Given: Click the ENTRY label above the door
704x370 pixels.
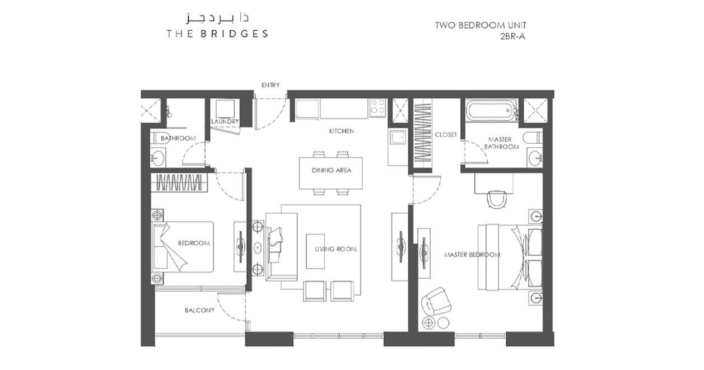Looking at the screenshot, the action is tap(271, 85).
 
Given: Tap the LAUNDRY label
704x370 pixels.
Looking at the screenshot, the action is tap(225, 121).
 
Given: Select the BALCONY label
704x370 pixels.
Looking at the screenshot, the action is tap(199, 310).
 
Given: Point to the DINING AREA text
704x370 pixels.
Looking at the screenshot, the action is tap(331, 170).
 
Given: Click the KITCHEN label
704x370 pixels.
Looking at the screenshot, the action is tap(341, 131).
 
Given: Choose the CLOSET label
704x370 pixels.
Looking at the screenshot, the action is tap(446, 134).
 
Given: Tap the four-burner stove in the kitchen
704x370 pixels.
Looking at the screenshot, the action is tap(377, 107).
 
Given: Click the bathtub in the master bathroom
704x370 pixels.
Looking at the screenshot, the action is tap(491, 111).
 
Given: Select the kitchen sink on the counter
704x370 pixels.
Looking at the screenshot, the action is tap(398, 137).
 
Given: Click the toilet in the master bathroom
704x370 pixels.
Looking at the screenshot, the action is tap(533, 137).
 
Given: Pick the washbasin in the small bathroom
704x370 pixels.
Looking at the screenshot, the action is tap(157, 158).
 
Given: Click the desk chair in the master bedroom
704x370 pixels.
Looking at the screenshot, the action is tap(497, 199).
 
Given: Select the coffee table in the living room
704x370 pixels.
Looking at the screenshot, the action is tap(315, 251).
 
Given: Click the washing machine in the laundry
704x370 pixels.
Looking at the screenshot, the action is tap(225, 109).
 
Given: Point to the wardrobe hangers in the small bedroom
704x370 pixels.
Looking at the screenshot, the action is tap(179, 182).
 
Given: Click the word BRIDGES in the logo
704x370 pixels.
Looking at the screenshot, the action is tap(234, 34).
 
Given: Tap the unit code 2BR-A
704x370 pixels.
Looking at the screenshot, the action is tap(512, 37).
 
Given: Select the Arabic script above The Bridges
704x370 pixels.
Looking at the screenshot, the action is tap(217, 18).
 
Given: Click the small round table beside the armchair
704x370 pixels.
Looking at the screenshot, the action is tap(443, 323).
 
